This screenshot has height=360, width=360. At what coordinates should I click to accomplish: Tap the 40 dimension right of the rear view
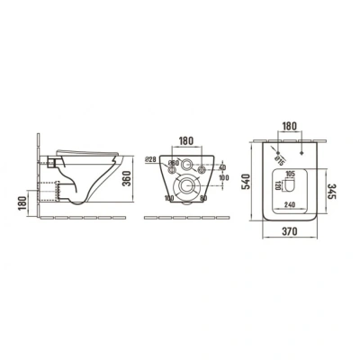tap(221, 166)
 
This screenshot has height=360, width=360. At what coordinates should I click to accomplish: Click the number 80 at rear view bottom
tap(204, 197)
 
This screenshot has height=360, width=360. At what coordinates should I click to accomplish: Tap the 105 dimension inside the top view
tap(290, 173)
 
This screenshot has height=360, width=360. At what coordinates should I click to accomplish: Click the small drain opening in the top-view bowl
tap(290, 185)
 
